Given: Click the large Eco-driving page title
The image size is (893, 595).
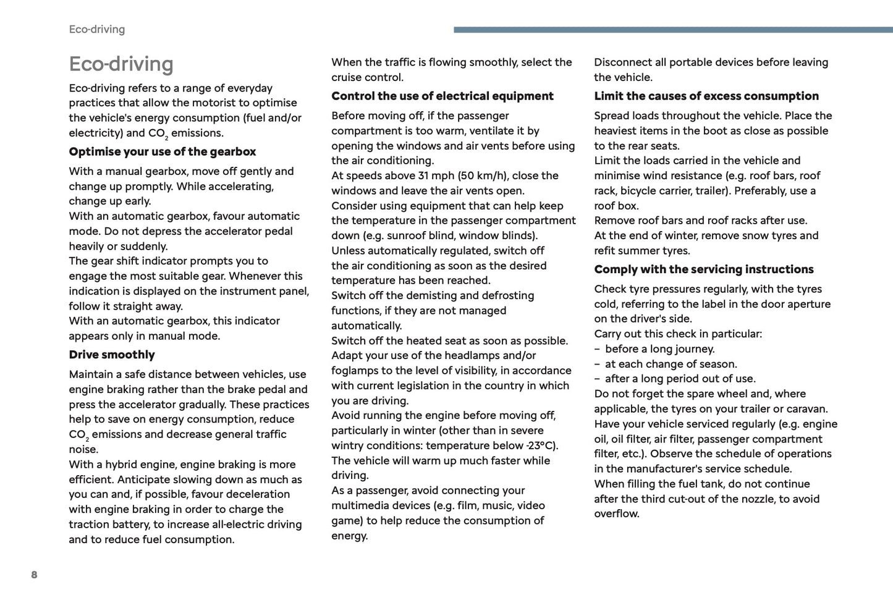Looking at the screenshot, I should [121, 64].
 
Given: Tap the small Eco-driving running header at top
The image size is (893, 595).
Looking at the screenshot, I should [96, 29].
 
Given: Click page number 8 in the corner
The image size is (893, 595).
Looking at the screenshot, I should [34, 575].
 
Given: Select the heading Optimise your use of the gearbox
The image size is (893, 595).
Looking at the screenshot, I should [162, 151].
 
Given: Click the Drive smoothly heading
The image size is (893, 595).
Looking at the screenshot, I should [112, 355].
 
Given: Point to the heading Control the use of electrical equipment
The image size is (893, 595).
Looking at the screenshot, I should [442, 96].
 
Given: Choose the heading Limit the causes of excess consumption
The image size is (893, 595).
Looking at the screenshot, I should [706, 96].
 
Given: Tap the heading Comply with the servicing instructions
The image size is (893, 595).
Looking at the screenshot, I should [703, 269].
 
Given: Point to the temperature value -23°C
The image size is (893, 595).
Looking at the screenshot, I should [541, 445].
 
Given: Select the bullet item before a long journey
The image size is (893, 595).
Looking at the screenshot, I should [659, 349].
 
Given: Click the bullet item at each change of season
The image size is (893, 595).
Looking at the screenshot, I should [671, 364].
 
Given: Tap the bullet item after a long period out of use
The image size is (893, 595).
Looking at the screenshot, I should [680, 379].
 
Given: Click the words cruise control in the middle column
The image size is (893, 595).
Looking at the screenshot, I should [367, 77].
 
